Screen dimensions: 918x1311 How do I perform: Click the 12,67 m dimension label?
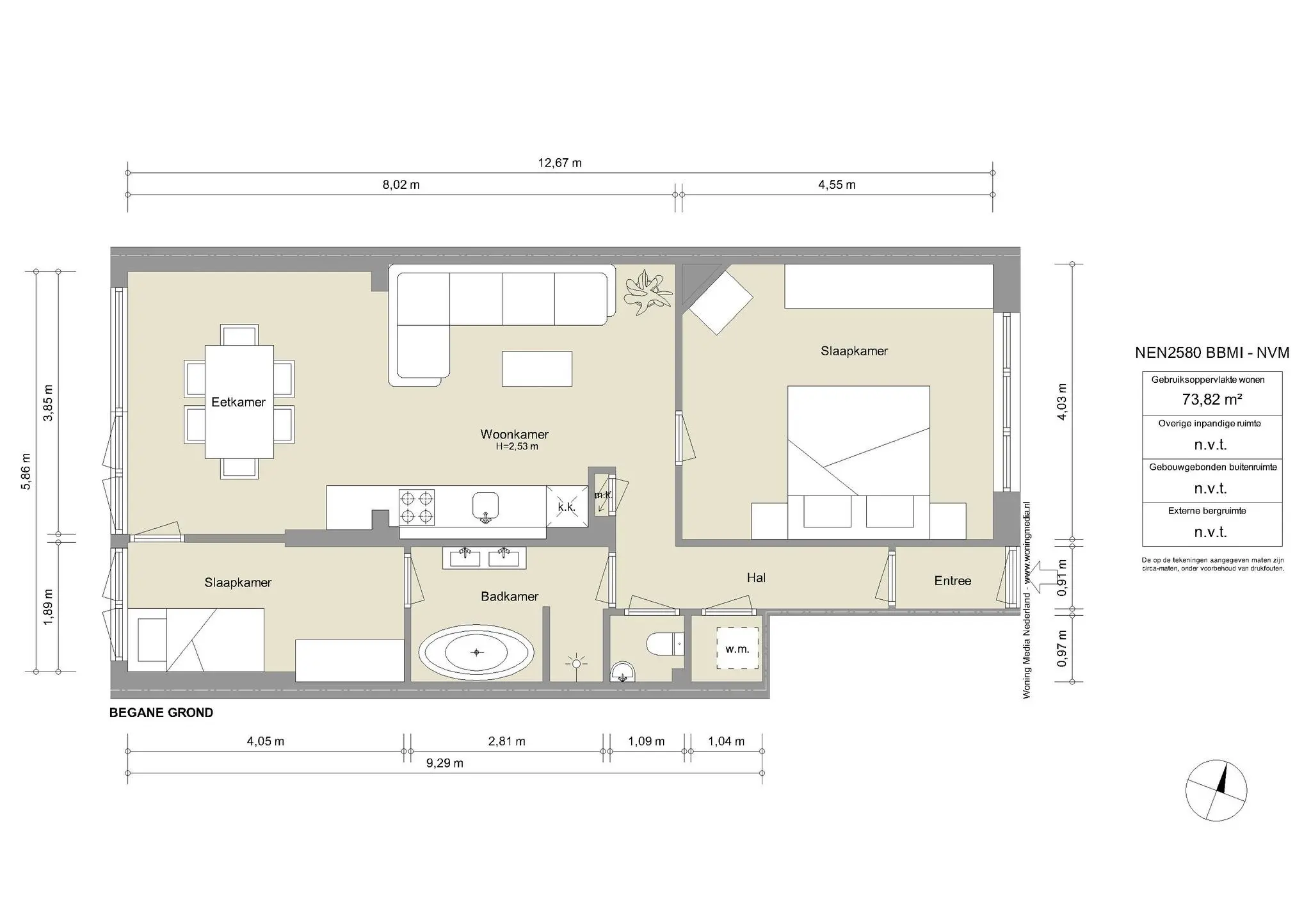tap(559, 163)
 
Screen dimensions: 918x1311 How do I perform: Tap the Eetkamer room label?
tap(238, 402)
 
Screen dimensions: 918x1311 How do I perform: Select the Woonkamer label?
tap(514, 434)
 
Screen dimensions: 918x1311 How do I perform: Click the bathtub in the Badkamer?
tap(476, 652)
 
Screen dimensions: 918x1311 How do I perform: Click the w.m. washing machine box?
tap(737, 648)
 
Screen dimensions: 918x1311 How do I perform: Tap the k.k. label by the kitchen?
tap(567, 507)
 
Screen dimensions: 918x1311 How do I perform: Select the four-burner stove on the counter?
tap(417, 507)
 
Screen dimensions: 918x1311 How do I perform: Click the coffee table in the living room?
tap(536, 369)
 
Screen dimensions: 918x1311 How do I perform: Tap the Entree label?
tap(953, 581)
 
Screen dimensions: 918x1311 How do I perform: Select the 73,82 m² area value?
tap(1212, 399)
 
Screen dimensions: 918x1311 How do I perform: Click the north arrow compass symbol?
tap(1216, 790)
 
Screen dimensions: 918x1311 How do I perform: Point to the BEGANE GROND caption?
tap(161, 713)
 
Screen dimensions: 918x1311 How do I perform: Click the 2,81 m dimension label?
tap(506, 741)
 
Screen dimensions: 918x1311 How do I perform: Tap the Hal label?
tap(756, 577)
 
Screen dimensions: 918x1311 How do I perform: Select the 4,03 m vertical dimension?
tap(1062, 402)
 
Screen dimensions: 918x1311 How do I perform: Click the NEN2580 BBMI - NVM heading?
tap(1212, 353)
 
